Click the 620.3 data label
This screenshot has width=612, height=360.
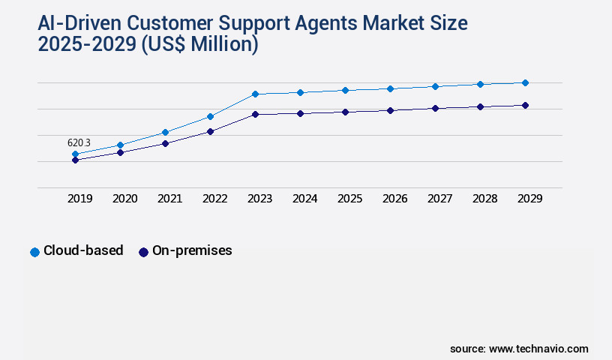click(79, 142)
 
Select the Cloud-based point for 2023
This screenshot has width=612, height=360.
click(255, 94)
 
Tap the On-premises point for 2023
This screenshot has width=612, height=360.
click(255, 114)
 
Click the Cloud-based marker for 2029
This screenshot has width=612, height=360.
click(525, 82)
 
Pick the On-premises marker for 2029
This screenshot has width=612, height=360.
click(525, 105)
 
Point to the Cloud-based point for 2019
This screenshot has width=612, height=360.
click(75, 154)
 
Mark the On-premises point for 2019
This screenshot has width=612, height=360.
click(75, 160)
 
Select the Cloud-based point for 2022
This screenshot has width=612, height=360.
click(210, 116)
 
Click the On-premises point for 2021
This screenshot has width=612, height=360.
click(165, 142)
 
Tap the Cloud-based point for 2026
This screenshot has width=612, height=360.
click(390, 88)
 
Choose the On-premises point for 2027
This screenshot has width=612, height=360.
click(435, 108)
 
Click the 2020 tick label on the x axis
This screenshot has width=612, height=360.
click(124, 199)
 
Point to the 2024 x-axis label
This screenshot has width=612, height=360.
click(304, 199)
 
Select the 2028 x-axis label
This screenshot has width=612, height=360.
click(484, 199)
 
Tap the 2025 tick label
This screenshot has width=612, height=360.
click(349, 199)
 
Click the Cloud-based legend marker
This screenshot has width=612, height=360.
click(34, 252)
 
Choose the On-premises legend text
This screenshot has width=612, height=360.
click(192, 251)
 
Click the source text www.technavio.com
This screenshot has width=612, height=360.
click(538, 349)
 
